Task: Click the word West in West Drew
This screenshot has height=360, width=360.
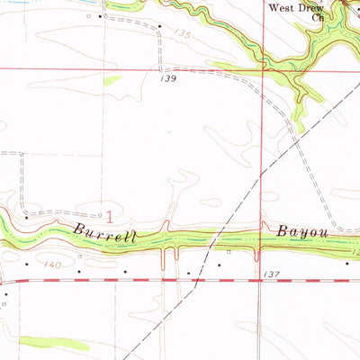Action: [282, 6]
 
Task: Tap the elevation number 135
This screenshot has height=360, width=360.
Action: [184, 33]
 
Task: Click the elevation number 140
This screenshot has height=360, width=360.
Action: [52, 265]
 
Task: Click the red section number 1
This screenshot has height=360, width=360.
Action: [110, 216]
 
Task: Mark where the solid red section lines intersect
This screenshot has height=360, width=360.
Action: [263, 68]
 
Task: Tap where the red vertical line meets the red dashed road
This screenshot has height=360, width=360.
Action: [261, 280]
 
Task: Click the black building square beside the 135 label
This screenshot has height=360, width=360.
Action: [159, 26]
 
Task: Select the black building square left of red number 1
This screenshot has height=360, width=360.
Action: [27, 216]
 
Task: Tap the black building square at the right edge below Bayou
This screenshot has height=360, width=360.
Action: [349, 264]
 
